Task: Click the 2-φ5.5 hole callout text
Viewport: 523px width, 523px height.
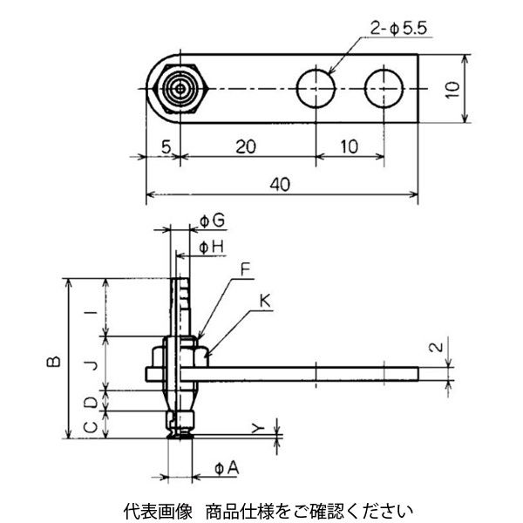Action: [398, 29]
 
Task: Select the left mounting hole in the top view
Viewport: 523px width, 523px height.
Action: [316, 89]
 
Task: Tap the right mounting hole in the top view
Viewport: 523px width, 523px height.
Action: [384, 89]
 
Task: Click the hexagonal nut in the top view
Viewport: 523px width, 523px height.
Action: [180, 89]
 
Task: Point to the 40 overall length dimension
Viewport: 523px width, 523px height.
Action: [280, 185]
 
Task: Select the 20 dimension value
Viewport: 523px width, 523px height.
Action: [246, 146]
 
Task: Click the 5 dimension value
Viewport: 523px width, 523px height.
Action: [166, 146]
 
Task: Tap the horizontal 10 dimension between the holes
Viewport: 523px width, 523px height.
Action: [350, 146]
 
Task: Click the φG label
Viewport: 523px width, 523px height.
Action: [212, 221]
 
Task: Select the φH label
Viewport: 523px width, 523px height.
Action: [211, 248]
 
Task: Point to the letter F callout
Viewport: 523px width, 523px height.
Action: [246, 269]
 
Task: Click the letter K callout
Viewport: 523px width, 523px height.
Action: [265, 302]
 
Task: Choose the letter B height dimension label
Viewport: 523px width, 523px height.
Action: [53, 362]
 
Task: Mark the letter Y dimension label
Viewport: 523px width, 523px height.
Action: [258, 428]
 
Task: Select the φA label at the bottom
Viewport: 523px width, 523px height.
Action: [228, 468]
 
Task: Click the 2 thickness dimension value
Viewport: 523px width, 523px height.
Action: [436, 347]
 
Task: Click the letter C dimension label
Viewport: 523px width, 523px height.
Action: [91, 426]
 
